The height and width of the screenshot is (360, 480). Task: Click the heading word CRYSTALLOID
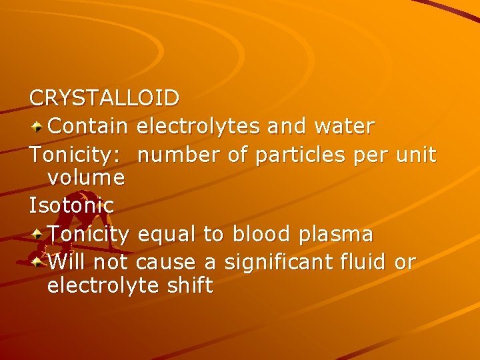pos(104,98)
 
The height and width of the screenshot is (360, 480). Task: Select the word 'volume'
pos(86,177)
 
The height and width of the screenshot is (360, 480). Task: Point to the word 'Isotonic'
pos(72,205)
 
